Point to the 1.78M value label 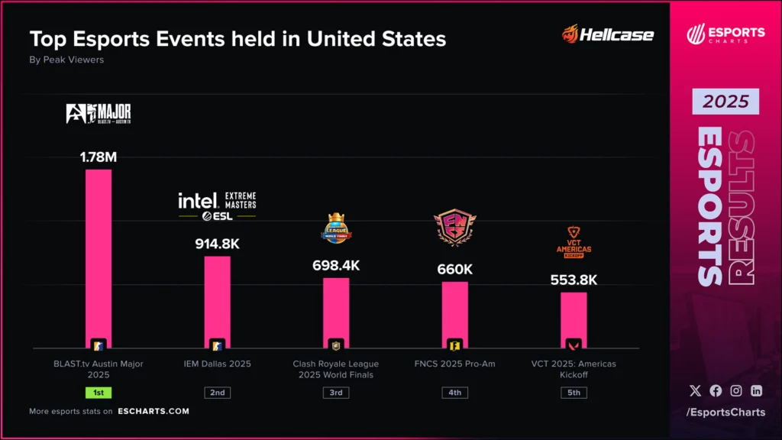point(99,157)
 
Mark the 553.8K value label point(574,280)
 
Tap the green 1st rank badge point(99,393)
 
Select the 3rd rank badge point(336,393)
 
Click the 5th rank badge point(574,393)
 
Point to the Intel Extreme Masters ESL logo point(217,205)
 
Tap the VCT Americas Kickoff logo point(574,243)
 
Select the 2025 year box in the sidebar point(725,102)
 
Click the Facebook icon point(716,390)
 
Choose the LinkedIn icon point(756,390)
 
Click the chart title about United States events point(238,38)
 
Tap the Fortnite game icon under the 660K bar point(454,345)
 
